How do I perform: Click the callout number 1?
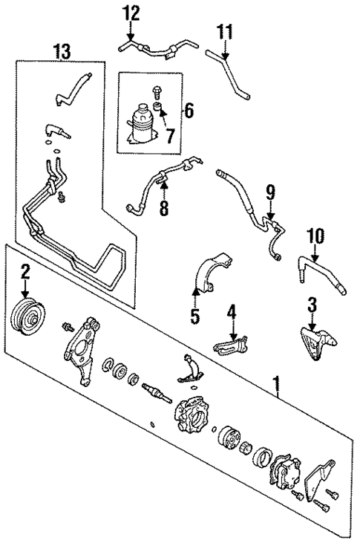click(x=278, y=384)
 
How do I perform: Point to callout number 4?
click(x=232, y=311)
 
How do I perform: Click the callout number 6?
click(x=188, y=111)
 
